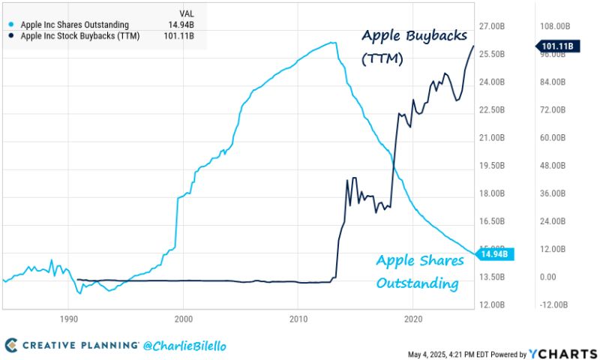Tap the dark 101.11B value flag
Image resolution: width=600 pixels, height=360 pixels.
[x=556, y=46]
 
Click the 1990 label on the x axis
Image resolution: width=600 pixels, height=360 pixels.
[x=68, y=319]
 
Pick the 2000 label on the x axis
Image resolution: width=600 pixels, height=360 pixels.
[x=183, y=319]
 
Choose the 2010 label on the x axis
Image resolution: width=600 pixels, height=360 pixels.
[x=298, y=319]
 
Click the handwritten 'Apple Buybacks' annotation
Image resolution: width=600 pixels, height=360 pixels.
[x=414, y=36]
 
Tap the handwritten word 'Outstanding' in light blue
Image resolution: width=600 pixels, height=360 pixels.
[x=417, y=283]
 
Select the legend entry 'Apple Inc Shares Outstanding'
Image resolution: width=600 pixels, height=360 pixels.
[x=74, y=25]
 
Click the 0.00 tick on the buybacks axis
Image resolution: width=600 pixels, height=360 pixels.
[x=549, y=277]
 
